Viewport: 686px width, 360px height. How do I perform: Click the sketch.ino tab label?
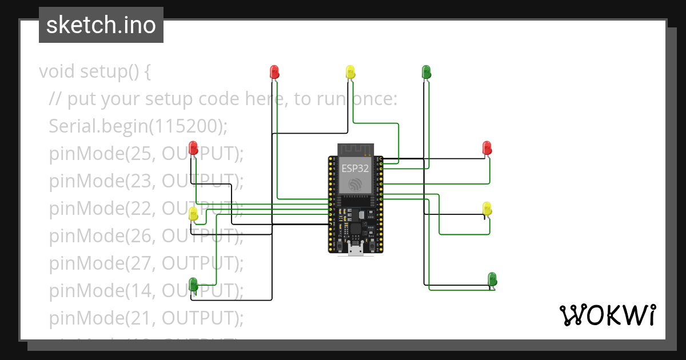click(x=101, y=25)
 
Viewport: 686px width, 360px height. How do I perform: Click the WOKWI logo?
click(x=607, y=315)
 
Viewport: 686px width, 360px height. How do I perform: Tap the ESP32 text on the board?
click(x=355, y=169)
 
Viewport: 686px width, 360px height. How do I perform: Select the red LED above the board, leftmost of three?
click(x=274, y=72)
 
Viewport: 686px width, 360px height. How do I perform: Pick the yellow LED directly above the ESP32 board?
click(x=350, y=72)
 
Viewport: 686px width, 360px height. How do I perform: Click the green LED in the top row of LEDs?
click(x=426, y=72)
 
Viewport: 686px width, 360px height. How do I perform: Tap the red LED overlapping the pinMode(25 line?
click(x=193, y=148)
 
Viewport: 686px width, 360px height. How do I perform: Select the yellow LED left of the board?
click(x=193, y=214)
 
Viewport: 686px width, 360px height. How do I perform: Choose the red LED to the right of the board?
click(x=486, y=148)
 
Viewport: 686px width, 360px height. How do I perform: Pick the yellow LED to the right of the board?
click(x=487, y=209)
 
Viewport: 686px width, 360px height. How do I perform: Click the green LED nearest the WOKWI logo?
click(x=492, y=279)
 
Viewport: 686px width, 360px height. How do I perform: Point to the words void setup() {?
click(x=95, y=72)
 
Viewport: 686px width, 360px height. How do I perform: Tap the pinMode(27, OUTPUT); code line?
click(x=146, y=263)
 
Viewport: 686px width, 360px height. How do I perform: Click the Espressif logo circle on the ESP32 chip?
click(x=355, y=185)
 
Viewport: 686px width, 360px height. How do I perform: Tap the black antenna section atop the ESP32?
click(x=355, y=149)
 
